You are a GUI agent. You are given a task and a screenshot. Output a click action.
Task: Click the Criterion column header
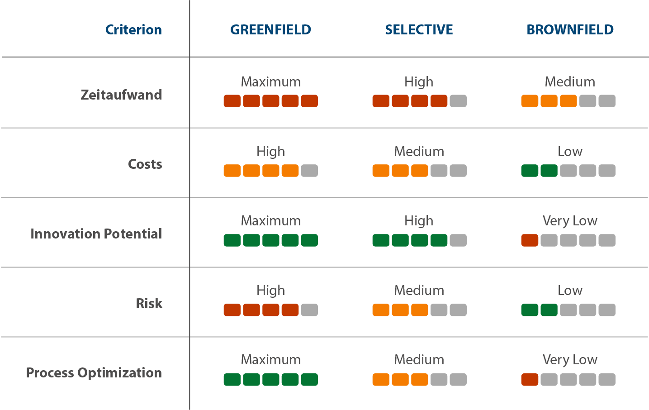[133, 30]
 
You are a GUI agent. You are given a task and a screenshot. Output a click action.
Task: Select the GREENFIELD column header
[270, 30]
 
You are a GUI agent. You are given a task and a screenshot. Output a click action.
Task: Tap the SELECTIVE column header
[419, 30]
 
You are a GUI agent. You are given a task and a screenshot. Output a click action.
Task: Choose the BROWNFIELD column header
[570, 30]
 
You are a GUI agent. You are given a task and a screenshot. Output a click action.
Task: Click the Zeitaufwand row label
[121, 95]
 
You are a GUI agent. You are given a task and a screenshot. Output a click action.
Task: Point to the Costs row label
[145, 164]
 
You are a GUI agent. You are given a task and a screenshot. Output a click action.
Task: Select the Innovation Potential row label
[96, 234]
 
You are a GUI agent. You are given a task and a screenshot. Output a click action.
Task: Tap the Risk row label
[149, 303]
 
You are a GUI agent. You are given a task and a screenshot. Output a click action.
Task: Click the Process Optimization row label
[94, 373]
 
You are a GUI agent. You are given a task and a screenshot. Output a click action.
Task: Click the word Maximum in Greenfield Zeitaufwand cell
[270, 82]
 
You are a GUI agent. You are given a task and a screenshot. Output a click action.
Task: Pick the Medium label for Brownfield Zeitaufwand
[570, 82]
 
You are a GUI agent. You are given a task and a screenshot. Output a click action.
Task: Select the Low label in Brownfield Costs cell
[570, 152]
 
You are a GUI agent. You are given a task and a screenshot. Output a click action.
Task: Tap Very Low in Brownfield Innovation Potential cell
[570, 221]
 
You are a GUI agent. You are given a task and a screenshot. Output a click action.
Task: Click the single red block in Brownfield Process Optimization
[530, 380]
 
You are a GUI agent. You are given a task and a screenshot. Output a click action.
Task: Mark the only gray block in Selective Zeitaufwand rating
[458, 101]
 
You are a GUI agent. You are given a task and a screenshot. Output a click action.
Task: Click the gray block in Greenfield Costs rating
[309, 171]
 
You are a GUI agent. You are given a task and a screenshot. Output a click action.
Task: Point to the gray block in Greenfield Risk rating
[309, 310]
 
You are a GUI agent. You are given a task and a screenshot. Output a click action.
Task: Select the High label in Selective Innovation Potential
[419, 221]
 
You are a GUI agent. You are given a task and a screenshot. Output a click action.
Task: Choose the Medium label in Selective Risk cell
[419, 291]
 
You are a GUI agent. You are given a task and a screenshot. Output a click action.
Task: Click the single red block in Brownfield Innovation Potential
[530, 240]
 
